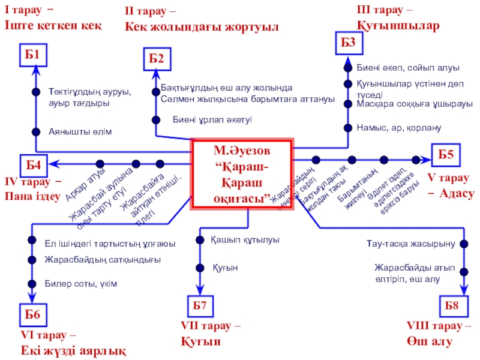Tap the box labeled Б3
pos(349,42)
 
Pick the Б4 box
pos(34,163)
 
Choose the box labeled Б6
pos(32,314)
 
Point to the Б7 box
pos(199,305)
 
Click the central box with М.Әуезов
pos(242,173)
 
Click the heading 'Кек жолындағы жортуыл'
pos(202,26)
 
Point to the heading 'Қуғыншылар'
pos(398,26)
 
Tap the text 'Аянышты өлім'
pos(80,131)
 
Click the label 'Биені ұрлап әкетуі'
pos(212,119)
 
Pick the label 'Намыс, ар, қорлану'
pos(398,128)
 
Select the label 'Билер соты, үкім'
pos(80,283)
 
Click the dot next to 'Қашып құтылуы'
pos(199,240)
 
